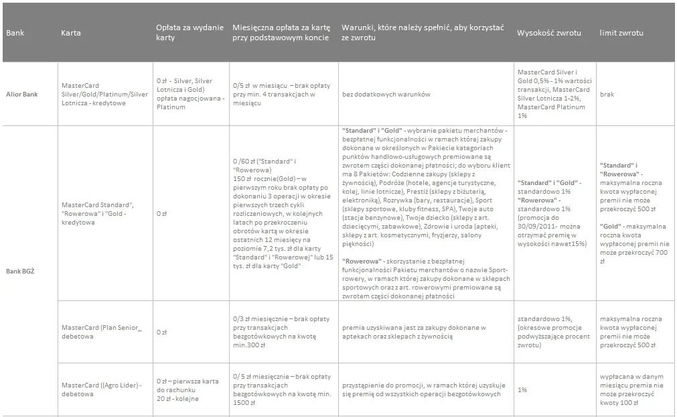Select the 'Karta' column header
click(x=71, y=33)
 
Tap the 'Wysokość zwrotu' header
click(x=548, y=33)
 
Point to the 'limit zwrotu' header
click(x=621, y=33)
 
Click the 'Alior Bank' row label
click(x=21, y=95)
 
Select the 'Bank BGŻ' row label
click(x=20, y=270)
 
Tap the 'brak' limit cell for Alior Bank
click(x=607, y=95)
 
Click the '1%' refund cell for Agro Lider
click(x=522, y=390)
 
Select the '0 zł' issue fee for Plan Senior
click(x=161, y=332)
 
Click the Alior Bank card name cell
click(x=104, y=95)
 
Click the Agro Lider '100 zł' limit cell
click(x=629, y=390)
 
